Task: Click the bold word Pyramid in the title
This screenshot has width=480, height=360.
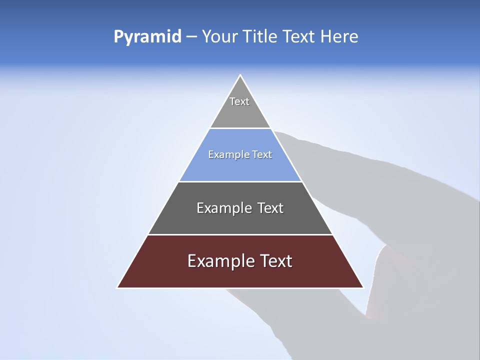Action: (x=147, y=37)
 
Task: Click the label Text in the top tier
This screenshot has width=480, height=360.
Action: (x=239, y=101)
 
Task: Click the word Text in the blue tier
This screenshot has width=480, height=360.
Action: (x=262, y=155)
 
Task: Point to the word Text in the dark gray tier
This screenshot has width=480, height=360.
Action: (x=270, y=208)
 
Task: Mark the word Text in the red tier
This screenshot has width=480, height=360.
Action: (x=277, y=261)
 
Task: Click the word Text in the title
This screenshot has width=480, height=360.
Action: (x=297, y=37)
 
